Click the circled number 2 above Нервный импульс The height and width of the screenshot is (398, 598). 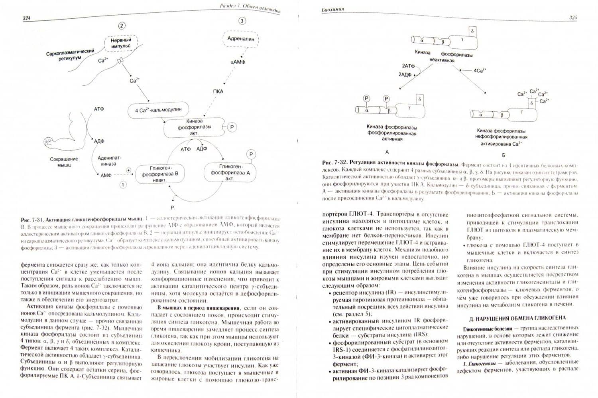click(x=122, y=26)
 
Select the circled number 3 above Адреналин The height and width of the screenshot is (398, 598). click(x=242, y=21)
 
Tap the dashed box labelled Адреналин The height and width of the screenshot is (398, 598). click(x=240, y=39)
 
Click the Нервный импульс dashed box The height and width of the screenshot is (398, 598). click(x=121, y=43)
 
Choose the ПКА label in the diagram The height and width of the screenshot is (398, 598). click(x=218, y=91)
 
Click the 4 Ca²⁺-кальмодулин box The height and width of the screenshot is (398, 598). click(x=158, y=110)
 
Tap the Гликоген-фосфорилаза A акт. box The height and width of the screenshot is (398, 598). click(x=230, y=172)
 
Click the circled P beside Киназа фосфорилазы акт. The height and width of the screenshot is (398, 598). click(x=232, y=127)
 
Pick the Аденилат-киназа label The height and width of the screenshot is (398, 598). click(x=109, y=161)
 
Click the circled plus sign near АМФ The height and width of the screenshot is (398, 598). click(x=128, y=170)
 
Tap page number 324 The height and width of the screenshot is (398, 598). click(x=27, y=18)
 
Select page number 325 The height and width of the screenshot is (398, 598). click(x=573, y=18)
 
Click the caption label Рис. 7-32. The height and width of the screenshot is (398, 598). click(x=334, y=163)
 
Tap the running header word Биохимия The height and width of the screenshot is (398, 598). click(x=332, y=9)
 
